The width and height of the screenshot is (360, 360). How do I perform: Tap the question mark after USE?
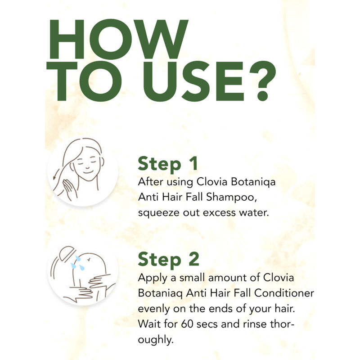coord(263,81)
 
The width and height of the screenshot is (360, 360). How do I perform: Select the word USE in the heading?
coord(193,81)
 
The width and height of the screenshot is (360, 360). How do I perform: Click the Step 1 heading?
coord(168,163)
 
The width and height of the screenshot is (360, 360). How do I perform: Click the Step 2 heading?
coord(168,260)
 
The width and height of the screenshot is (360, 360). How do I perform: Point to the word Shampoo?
coord(231,197)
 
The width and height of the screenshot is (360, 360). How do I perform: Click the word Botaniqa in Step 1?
coord(253,182)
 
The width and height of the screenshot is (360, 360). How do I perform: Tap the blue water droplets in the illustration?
coord(77,263)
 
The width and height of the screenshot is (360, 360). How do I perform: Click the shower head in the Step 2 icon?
coord(67,253)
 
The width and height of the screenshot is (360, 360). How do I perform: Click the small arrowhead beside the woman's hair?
coord(54,177)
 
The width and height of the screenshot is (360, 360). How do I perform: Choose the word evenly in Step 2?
coord(154,309)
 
